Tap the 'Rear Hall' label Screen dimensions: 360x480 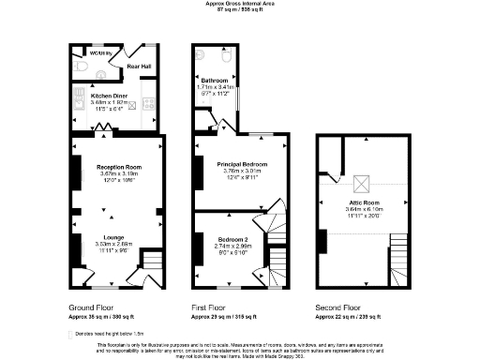point(140,66)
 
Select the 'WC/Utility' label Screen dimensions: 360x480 point(100,53)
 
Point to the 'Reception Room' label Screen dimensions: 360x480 point(117,167)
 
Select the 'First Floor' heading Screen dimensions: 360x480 point(215,307)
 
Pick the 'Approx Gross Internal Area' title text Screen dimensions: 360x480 point(240,4)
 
